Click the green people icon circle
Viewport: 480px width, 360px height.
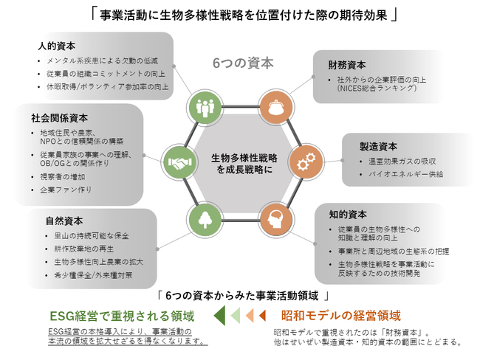tap(205, 107)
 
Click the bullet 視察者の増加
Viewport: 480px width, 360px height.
tap(63, 177)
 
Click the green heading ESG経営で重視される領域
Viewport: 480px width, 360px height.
tap(122, 316)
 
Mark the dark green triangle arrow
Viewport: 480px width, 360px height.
tap(219, 316)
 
